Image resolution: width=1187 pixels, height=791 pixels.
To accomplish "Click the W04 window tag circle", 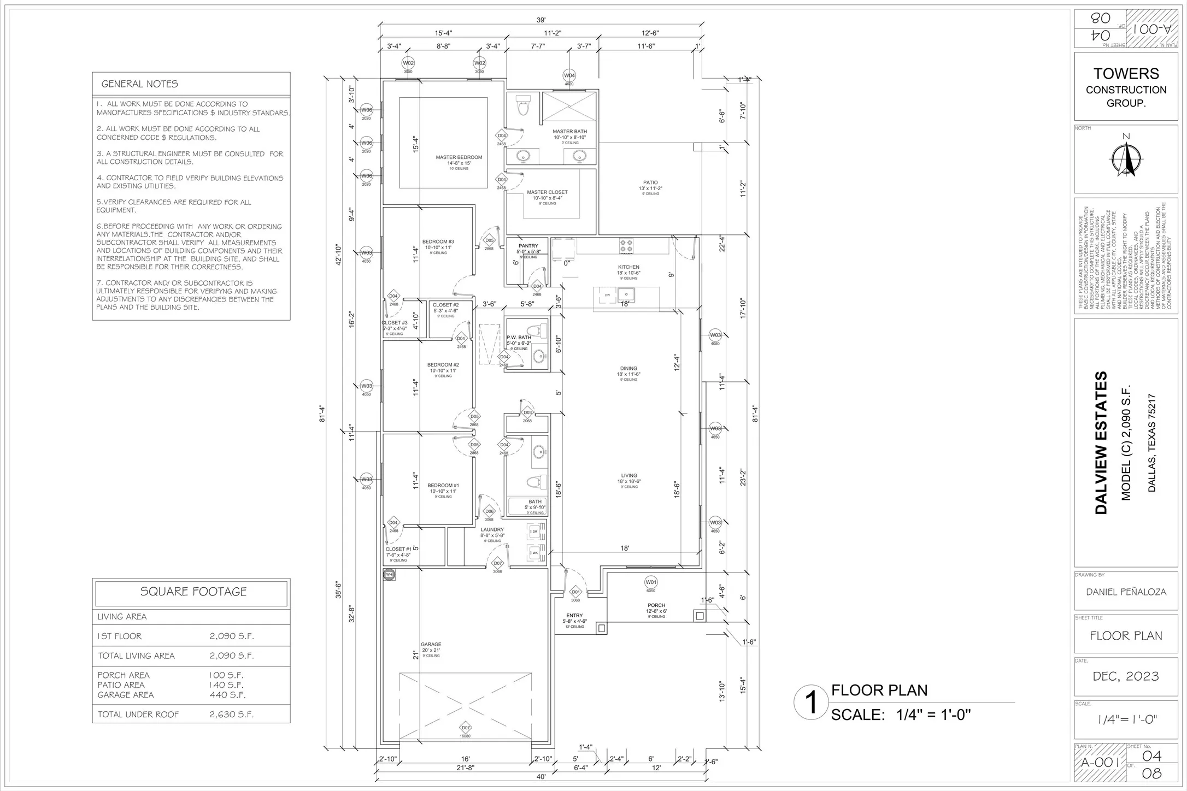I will point(569,75).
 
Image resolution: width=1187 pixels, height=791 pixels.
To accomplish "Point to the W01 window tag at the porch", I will point(650,582).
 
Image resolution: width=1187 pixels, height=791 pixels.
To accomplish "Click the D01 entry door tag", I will point(575,592).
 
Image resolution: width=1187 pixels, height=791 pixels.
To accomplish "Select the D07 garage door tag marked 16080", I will point(465,728).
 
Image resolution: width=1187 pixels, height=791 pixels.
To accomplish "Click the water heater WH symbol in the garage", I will point(389,575).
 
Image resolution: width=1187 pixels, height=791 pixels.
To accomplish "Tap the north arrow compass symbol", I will point(1126,158).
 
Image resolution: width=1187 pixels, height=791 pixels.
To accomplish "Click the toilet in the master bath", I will point(524,105).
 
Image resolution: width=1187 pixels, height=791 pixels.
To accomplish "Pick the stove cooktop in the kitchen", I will point(626,246).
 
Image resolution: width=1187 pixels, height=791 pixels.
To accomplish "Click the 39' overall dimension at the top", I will point(540,20).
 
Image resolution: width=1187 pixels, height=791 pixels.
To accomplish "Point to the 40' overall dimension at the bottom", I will point(540,777).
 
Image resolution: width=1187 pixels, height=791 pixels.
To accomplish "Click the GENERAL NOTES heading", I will point(140,84).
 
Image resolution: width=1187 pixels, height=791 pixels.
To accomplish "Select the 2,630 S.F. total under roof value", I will point(231,715).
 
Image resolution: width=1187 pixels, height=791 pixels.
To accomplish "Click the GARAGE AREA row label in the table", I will point(126,695).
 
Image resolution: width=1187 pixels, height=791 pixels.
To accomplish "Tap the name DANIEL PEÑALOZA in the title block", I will point(1126,592).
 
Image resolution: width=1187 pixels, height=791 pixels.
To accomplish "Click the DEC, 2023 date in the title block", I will point(1126,676).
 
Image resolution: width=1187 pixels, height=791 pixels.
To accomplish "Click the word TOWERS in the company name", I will point(1126,74).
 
